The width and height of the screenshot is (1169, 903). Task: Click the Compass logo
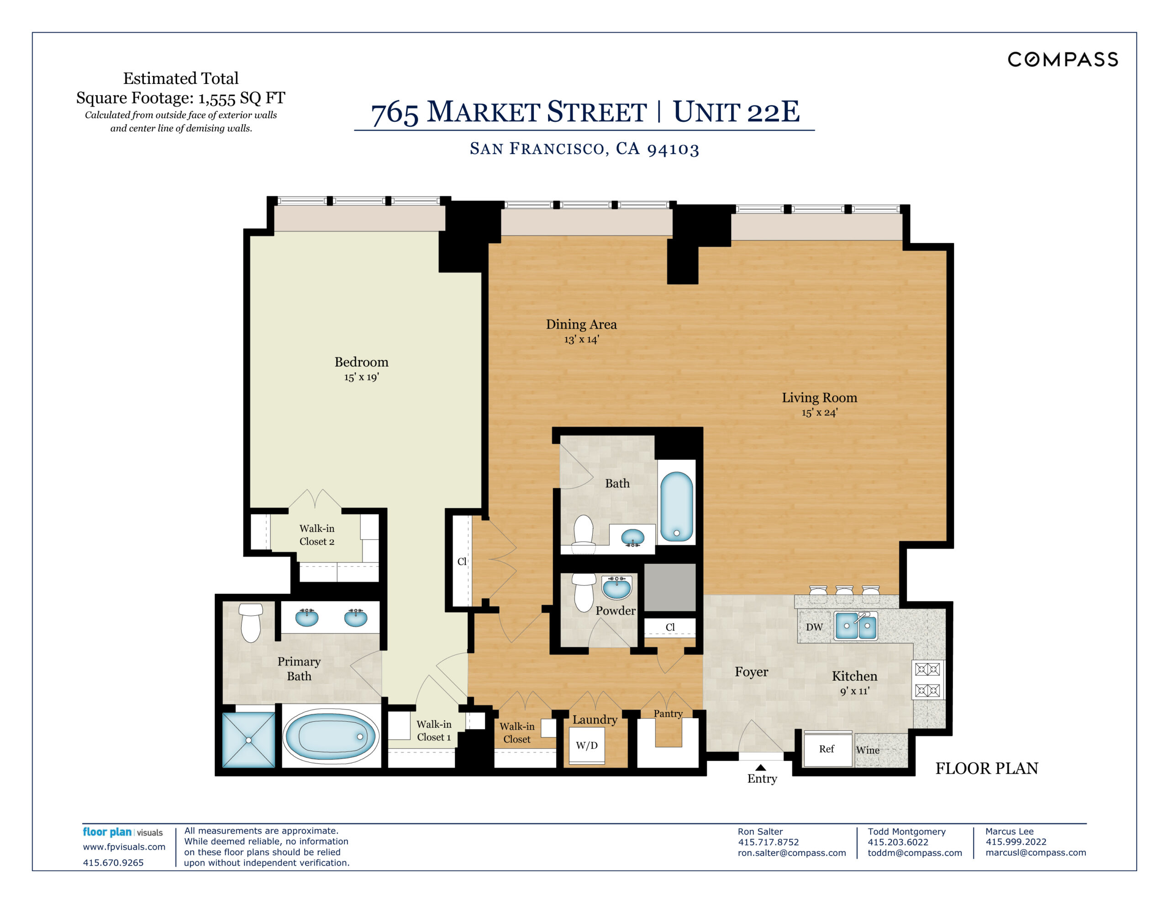tap(1063, 59)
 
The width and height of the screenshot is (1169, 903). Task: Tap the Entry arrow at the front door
tap(761, 767)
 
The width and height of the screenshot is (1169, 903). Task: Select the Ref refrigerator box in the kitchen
tap(827, 749)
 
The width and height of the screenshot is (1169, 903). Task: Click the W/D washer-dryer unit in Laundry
tap(587, 745)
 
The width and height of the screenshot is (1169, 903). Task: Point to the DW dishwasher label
tap(814, 627)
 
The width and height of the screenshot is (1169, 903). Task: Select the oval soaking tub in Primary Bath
tap(330, 736)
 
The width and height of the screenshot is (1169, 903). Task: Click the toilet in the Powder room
tap(584, 593)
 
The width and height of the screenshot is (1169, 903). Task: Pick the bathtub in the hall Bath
tap(677, 507)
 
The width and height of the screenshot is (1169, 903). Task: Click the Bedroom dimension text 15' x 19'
tap(361, 377)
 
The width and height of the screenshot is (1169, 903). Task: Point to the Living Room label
tap(820, 398)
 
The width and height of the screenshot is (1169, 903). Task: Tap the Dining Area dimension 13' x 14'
tap(581, 339)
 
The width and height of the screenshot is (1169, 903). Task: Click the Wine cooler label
tap(868, 750)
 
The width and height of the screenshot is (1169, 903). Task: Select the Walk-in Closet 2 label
tap(317, 535)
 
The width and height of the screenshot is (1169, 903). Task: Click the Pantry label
tap(668, 714)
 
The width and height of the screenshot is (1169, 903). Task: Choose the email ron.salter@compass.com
tap(792, 853)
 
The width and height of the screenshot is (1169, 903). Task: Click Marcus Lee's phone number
tap(1016, 842)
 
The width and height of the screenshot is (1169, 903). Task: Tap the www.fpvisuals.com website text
tap(124, 847)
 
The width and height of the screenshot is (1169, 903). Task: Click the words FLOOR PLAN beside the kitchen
tap(986, 769)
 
